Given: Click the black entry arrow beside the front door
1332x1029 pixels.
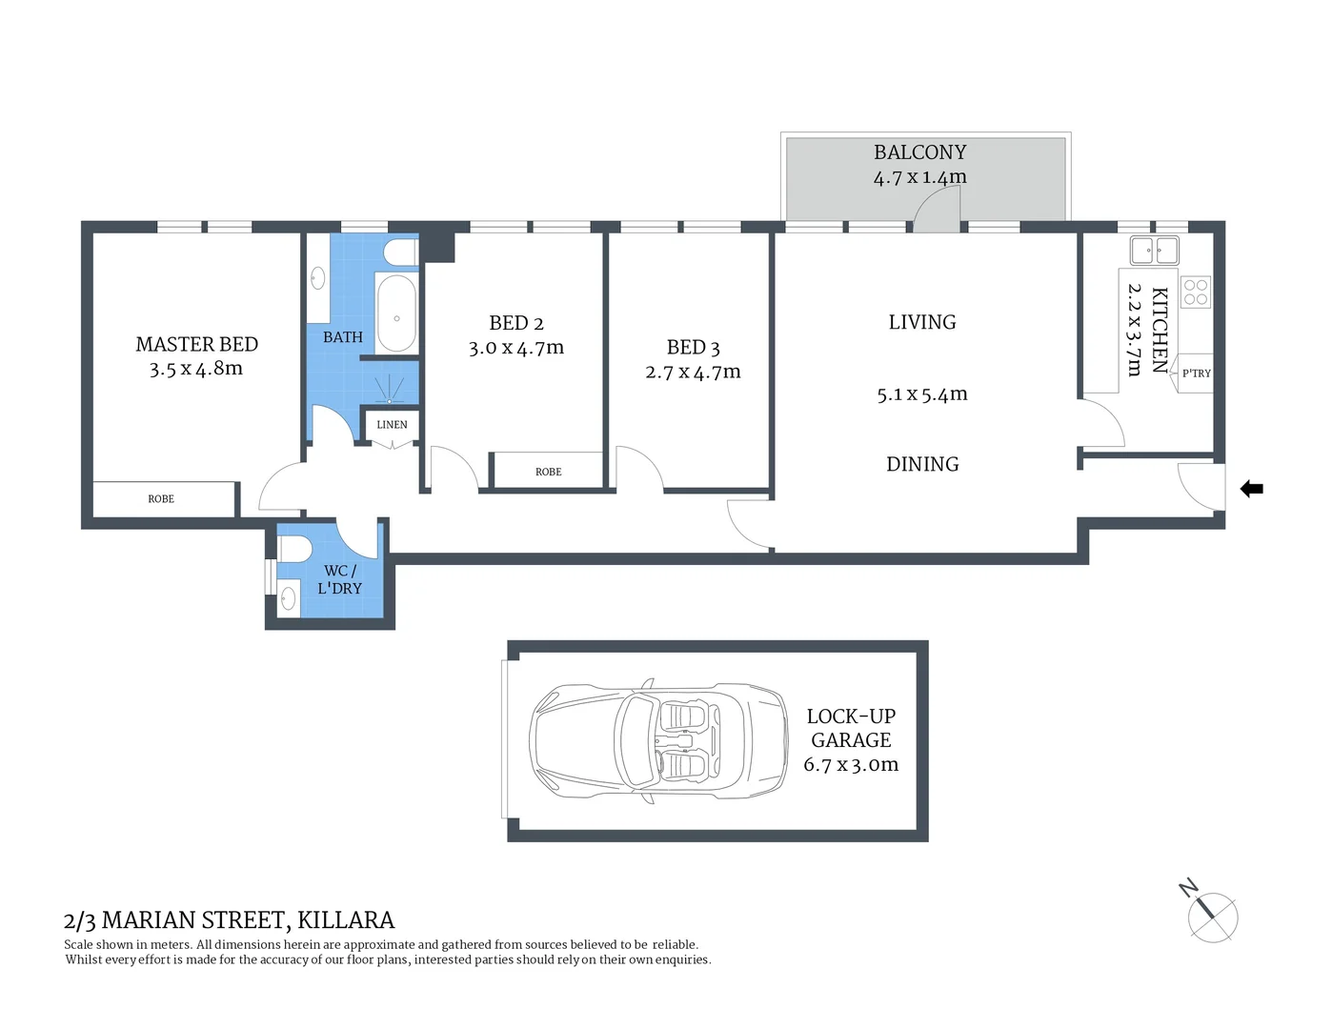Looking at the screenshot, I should point(1251,489).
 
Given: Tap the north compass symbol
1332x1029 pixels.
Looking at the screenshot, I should point(1212,917).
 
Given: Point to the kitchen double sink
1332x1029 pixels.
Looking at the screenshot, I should point(1154,251).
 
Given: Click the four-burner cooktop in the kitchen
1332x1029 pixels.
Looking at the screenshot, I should point(1196,293).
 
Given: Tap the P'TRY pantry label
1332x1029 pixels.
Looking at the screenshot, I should point(1196,373).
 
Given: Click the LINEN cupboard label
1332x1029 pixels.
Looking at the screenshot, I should point(392,425).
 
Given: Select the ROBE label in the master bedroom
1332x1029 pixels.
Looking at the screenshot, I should point(161,498).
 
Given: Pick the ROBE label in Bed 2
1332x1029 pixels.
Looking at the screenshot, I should point(548,472).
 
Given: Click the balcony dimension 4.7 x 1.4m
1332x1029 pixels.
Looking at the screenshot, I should point(919,177).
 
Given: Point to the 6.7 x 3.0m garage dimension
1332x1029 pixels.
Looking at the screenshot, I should point(850,764).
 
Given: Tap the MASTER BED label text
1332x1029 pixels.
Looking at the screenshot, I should point(196,344).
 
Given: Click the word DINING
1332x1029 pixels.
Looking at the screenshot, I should point(921,464).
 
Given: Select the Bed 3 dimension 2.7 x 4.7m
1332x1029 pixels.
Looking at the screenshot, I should point(693,373).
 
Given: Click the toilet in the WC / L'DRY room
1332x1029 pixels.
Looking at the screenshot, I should point(292,550).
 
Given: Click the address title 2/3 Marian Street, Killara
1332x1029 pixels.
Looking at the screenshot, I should point(229,919).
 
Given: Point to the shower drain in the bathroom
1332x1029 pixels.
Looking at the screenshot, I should point(389,401).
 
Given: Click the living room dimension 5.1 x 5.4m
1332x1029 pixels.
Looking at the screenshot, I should point(921,394).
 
